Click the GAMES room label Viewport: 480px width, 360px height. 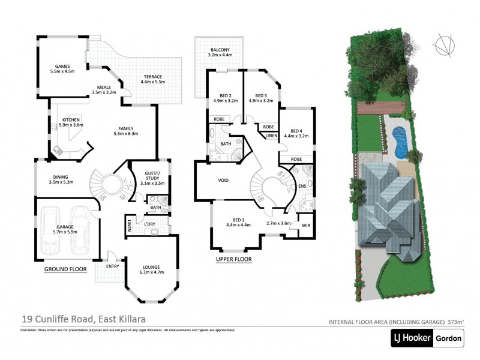point(63,67)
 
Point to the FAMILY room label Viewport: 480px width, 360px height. point(125,128)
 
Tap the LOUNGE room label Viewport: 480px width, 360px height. point(151,266)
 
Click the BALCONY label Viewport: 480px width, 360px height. point(219,50)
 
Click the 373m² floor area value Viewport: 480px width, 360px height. point(455,322)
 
